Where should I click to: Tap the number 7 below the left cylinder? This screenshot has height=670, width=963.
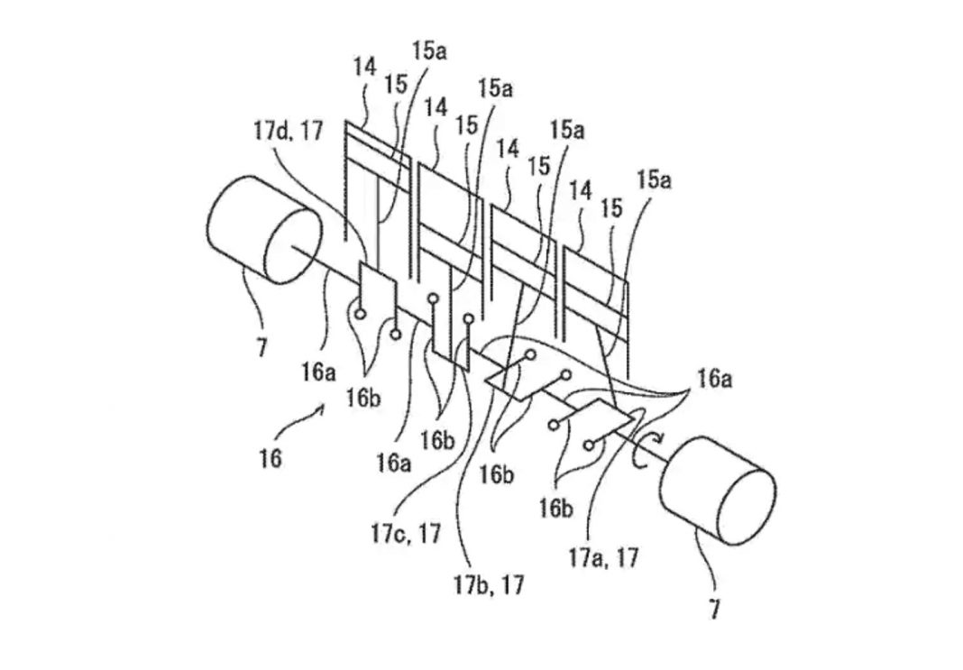[261, 347]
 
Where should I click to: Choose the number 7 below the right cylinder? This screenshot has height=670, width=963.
[714, 610]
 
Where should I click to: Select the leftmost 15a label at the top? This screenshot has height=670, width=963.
[429, 51]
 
